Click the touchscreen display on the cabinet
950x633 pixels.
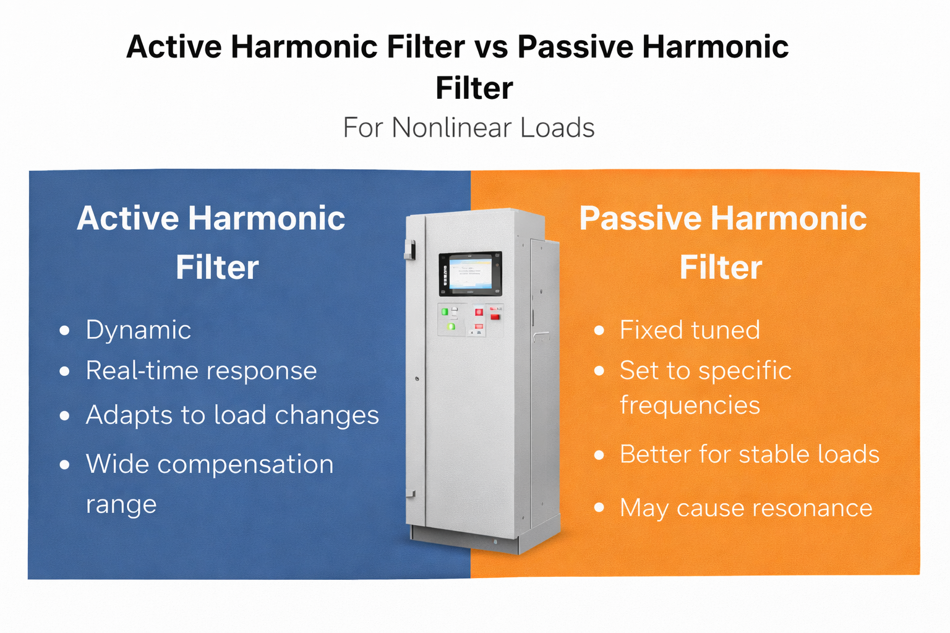[470, 273]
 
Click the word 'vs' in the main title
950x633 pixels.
[491, 48]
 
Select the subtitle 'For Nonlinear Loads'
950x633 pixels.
[469, 128]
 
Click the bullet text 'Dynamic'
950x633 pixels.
[138, 330]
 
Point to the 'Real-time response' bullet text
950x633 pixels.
[201, 371]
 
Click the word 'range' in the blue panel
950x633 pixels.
[121, 504]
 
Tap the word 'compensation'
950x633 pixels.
[246, 464]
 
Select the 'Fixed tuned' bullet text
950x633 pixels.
[690, 330]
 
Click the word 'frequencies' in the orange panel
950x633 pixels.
[690, 406]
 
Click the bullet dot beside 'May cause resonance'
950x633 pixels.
[599, 508]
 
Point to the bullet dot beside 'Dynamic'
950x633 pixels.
[64, 331]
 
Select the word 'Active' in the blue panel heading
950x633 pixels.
[127, 219]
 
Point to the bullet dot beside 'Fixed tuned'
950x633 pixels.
[599, 331]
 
